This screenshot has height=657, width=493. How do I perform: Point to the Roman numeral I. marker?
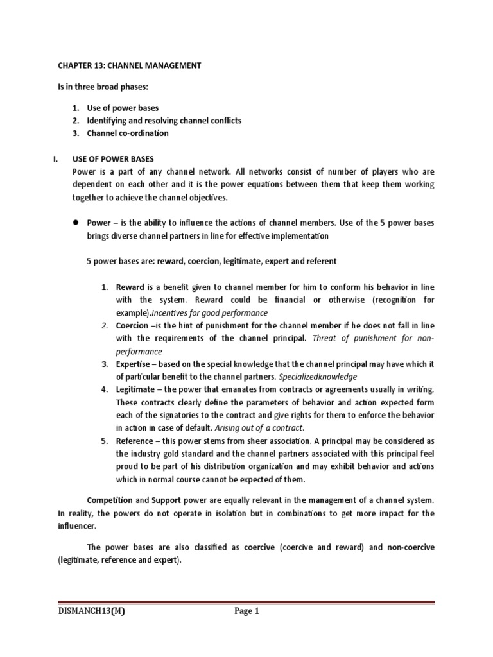(56, 158)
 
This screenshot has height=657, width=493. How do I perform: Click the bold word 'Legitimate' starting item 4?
(135, 389)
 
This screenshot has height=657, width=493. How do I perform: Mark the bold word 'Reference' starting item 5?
(135, 441)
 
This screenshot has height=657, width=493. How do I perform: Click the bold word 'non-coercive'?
(410, 547)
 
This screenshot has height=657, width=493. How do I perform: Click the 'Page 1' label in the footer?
(246, 611)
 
